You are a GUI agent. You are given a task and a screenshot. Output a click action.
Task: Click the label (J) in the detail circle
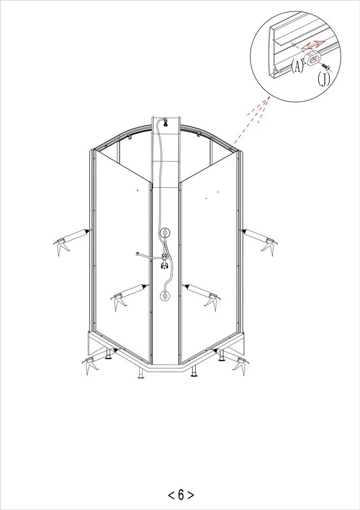(x=324, y=79)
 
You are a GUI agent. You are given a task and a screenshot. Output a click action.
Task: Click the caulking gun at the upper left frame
(x=71, y=240)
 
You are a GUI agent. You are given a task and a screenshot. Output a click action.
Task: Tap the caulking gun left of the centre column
(x=129, y=295)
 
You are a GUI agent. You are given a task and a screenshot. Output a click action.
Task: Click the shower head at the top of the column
(x=166, y=122)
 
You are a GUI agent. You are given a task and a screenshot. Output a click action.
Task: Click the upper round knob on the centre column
(x=165, y=233)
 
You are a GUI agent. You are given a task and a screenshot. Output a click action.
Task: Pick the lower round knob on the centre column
(x=165, y=296)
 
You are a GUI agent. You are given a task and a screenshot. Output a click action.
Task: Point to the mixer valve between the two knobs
(x=165, y=262)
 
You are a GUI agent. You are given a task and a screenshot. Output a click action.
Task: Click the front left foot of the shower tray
(x=141, y=373)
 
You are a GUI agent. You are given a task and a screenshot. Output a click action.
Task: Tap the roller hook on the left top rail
(x=130, y=138)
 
